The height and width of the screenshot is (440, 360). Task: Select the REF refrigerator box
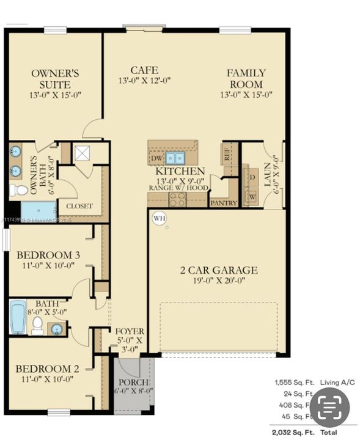(x=227, y=153)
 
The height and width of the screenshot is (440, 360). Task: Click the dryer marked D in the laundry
(x=252, y=176)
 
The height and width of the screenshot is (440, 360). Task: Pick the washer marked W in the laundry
(x=252, y=197)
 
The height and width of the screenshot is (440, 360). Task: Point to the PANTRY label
(x=223, y=202)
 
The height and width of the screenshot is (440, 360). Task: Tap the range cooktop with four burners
(x=177, y=199)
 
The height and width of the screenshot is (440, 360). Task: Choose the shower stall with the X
(x=81, y=152)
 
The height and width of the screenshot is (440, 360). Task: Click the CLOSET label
(x=79, y=206)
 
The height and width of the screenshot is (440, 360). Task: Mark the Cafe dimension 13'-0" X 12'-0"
(x=144, y=80)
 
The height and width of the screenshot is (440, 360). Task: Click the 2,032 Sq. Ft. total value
(x=294, y=432)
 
